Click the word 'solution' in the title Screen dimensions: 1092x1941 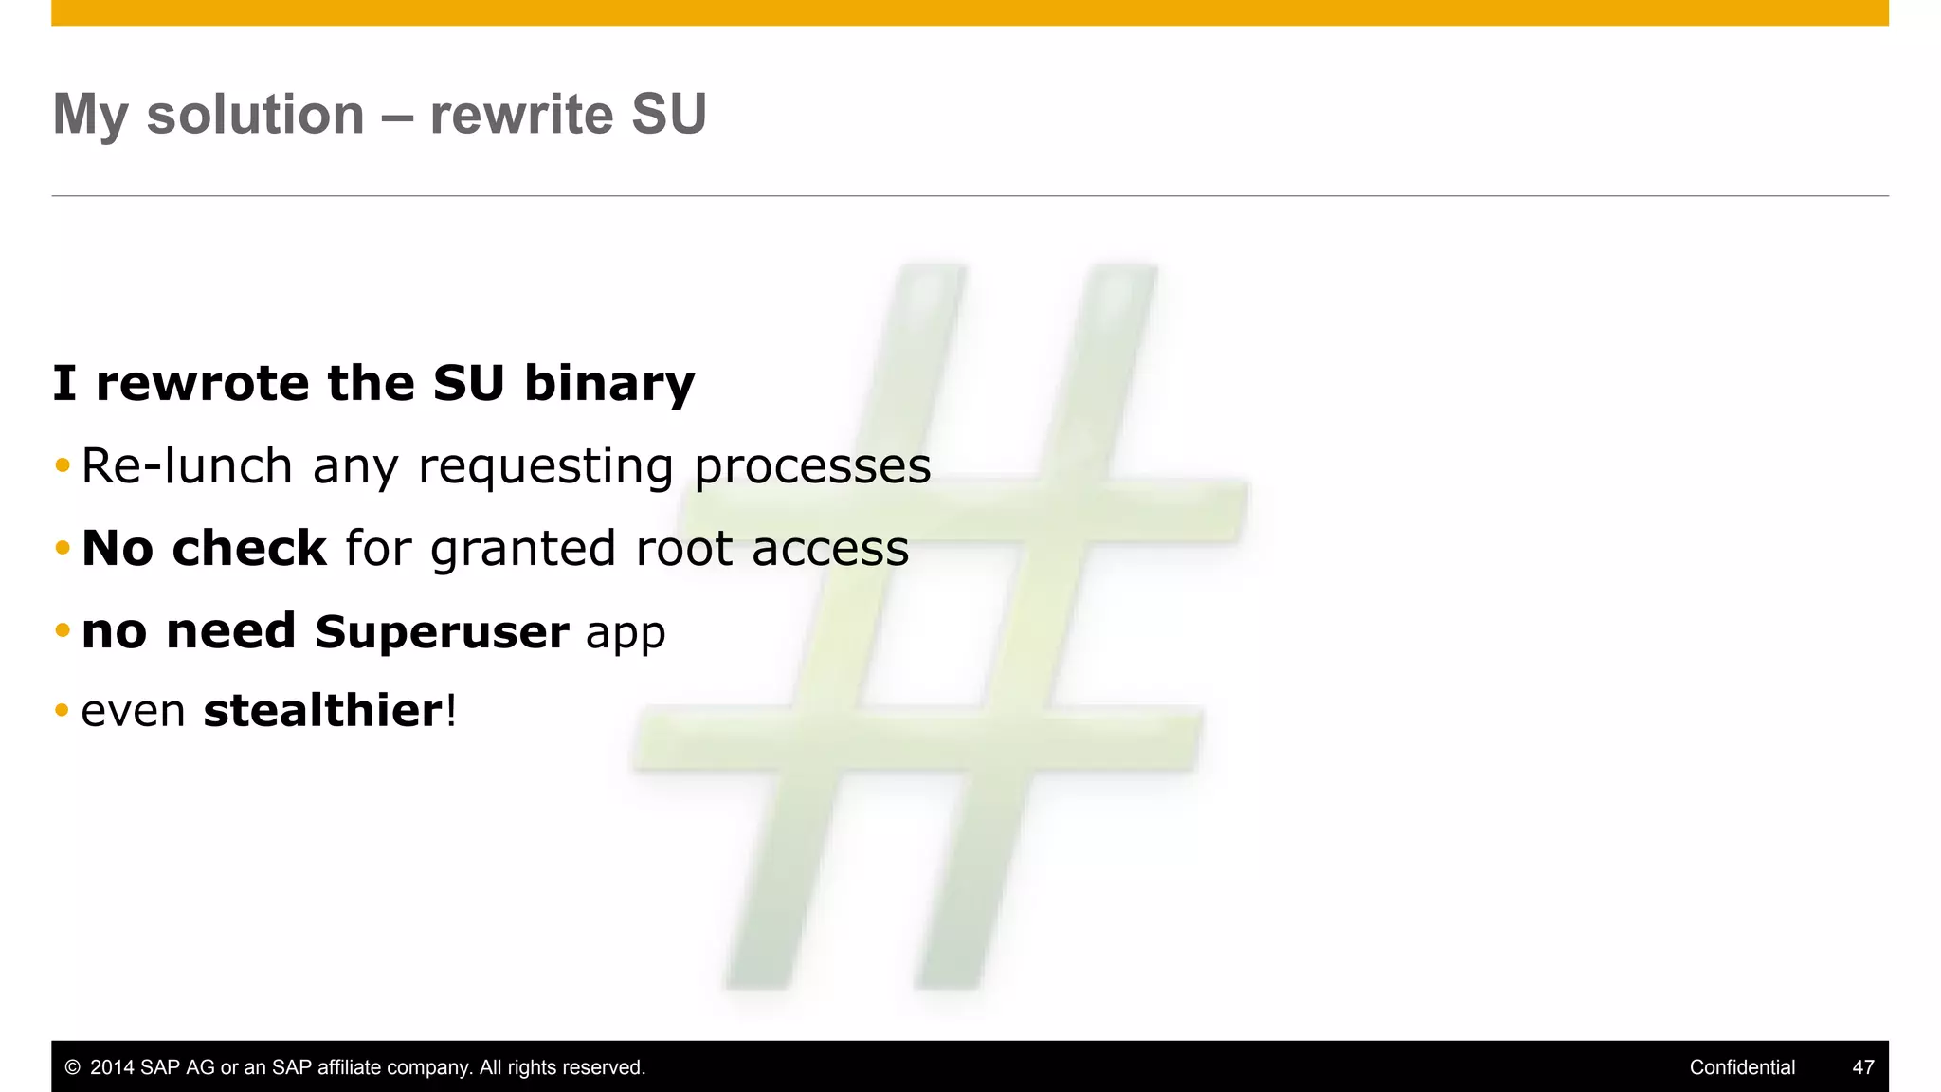pos(255,115)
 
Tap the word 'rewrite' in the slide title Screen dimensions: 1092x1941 pos(522,115)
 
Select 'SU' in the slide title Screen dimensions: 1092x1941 pos(669,115)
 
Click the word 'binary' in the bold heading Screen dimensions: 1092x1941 pos(609,384)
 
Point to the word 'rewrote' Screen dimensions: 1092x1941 pos(202,384)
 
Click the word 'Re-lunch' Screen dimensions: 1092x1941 pos(187,465)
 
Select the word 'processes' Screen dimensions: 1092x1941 pos(812,465)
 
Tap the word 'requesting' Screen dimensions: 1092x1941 pos(546,467)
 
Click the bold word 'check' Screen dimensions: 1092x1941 pos(250,548)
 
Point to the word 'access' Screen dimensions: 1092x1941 pos(830,549)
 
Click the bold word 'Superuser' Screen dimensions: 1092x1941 pos(442,631)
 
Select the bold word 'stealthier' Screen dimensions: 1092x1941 pos(322,710)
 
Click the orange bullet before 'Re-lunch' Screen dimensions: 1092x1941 pos(63,465)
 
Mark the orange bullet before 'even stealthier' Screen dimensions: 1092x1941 pos(63,710)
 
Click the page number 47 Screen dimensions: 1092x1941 pos(1862,1067)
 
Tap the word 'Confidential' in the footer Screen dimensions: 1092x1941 pos(1742,1067)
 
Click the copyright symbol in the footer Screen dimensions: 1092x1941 pos(72,1067)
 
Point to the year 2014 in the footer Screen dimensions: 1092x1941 pos(112,1067)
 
